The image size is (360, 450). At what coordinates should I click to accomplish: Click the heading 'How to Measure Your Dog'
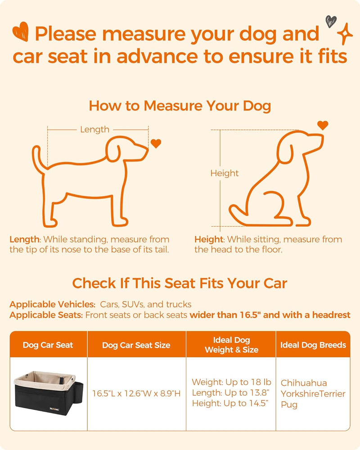coord(180,106)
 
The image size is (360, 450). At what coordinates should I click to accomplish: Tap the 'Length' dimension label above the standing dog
coord(94,130)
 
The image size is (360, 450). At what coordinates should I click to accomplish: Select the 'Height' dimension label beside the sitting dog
coord(224,173)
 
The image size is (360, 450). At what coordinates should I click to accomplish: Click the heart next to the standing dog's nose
coord(156,144)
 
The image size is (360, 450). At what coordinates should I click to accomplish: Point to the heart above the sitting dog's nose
coord(323,125)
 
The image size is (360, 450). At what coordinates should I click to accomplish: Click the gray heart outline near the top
coord(331,21)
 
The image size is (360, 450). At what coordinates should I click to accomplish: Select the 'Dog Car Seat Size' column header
coord(136,345)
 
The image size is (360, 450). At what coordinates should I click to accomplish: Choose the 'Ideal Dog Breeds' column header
coord(313,345)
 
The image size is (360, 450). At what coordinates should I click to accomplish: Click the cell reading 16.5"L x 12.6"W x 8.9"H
coord(136,394)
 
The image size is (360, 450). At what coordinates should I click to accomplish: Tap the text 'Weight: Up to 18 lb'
coord(226,382)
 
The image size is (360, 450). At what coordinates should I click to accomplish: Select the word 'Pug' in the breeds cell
coord(289,405)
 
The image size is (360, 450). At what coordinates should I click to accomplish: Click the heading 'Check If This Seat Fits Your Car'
coord(180,283)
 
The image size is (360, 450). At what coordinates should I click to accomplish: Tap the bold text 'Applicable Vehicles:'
coord(52,304)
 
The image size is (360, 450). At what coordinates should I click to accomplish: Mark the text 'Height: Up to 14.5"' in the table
coord(231,403)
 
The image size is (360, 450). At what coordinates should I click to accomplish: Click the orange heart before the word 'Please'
coord(21,32)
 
